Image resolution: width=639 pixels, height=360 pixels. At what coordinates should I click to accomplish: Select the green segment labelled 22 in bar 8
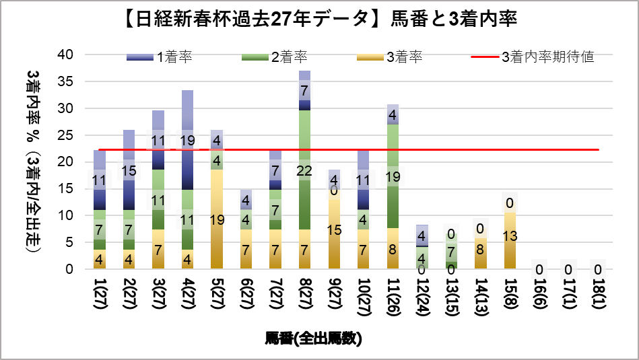pos(304,170)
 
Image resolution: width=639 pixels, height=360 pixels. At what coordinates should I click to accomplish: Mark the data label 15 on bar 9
pos(335,230)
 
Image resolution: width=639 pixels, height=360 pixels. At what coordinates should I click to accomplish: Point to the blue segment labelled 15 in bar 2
pos(129,171)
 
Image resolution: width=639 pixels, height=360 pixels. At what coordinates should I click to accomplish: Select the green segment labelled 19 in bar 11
pos(393,176)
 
